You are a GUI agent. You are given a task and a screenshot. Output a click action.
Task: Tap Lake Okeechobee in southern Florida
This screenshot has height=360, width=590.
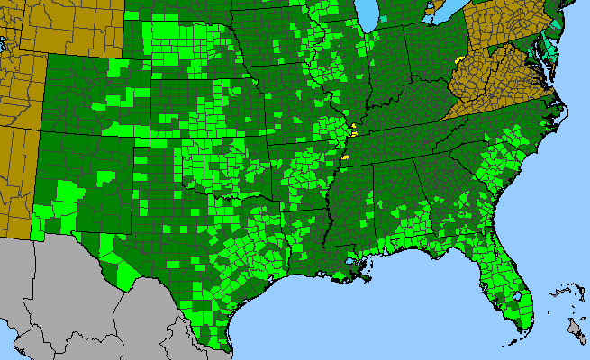(x=516, y=294)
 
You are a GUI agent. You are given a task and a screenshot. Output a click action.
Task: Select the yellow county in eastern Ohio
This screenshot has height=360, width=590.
(x=460, y=58)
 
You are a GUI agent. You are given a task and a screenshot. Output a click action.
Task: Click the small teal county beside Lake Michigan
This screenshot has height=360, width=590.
(x=384, y=17)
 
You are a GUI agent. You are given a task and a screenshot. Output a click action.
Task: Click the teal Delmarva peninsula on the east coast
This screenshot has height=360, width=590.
(x=549, y=49)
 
